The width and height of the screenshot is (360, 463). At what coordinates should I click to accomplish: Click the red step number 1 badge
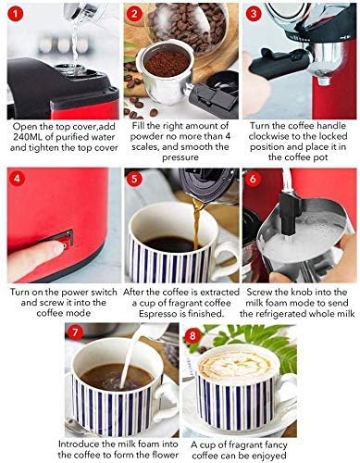pyautogui.click(x=16, y=16)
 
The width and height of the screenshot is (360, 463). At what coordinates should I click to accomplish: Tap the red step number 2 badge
pyautogui.click(x=136, y=16)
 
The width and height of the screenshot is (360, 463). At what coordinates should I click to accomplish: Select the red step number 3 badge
pyautogui.click(x=253, y=16)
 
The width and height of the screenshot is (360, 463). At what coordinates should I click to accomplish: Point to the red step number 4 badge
pyautogui.click(x=16, y=179)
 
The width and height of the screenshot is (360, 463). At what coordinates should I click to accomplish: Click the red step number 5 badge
pyautogui.click(x=136, y=179)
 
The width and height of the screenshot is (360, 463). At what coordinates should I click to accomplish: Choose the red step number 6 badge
pyautogui.click(x=253, y=179)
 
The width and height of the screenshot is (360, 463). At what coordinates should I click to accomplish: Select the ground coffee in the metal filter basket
pyautogui.click(x=168, y=65)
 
